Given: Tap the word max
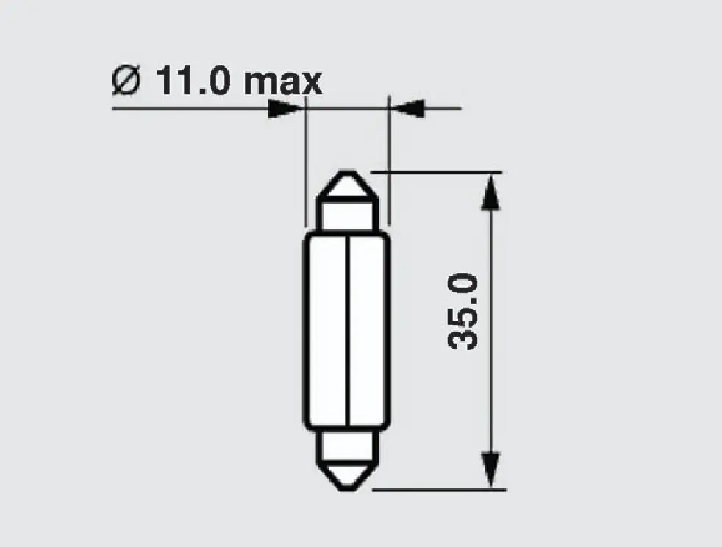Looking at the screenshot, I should (x=283, y=81).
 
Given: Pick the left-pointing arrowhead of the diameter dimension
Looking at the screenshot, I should (x=407, y=108).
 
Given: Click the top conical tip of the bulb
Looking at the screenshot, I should (x=346, y=184).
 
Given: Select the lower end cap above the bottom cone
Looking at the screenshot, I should (x=346, y=445).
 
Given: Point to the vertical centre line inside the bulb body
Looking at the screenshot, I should (x=346, y=331).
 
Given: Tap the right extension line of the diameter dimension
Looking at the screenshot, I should (x=388, y=162).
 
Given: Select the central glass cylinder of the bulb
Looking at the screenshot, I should (x=327, y=331).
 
